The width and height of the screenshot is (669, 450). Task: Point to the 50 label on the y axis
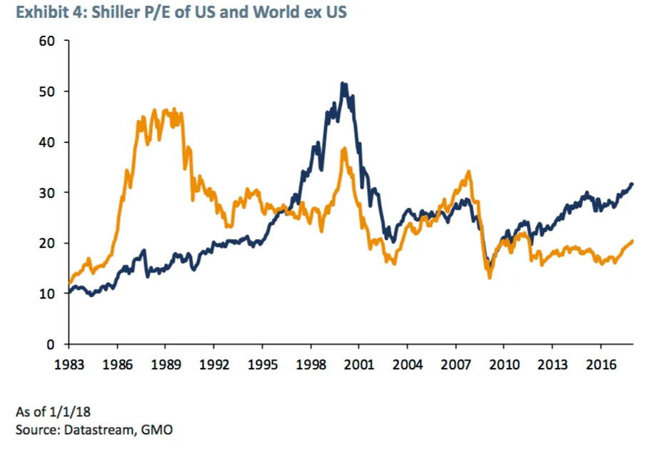click(48, 91)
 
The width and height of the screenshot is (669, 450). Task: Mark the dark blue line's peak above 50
click(343, 84)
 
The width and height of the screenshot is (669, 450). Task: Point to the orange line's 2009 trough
click(490, 277)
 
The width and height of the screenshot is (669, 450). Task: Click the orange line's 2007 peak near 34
click(468, 171)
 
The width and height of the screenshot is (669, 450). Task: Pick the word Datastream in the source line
click(96, 429)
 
